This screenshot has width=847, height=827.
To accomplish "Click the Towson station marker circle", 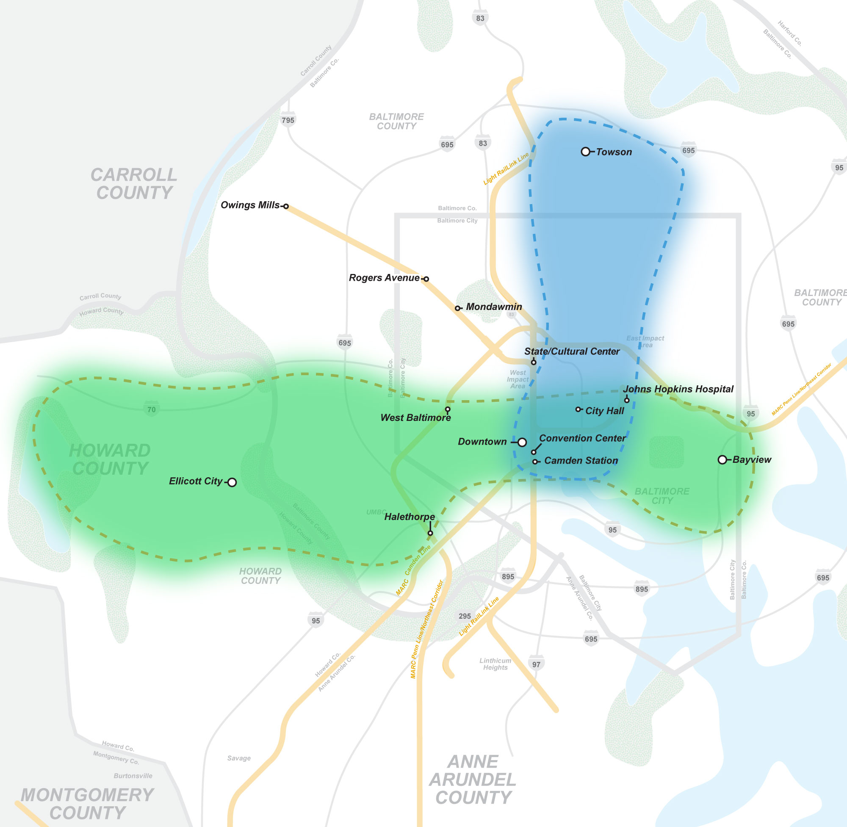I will coord(585,152).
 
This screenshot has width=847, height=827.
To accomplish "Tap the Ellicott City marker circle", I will coord(232,482).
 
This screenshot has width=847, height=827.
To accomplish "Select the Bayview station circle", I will coord(722,459).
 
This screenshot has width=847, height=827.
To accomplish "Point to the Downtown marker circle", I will coord(522,442).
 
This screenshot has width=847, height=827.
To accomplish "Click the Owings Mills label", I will coord(250,205).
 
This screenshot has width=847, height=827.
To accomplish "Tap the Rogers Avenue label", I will coord(384,277).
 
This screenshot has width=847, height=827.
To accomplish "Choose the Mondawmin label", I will coord(493,307).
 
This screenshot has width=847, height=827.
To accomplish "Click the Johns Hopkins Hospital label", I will coord(678,389).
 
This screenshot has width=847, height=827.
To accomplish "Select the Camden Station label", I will coord(581,460).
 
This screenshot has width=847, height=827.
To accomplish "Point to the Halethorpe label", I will coord(409,517).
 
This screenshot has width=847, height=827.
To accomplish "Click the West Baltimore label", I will coord(415,418).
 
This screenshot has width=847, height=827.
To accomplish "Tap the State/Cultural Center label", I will coord(572,351).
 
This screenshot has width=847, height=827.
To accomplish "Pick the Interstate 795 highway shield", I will coord(288,120).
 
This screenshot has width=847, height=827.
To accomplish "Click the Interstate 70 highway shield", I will coord(151,409).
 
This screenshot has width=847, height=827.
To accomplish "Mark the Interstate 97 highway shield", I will coord(537,664).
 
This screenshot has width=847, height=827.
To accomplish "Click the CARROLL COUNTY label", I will coord(134,184).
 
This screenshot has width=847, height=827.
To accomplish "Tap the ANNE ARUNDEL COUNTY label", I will coord(473,780).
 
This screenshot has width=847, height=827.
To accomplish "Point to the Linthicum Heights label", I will coord(495,664).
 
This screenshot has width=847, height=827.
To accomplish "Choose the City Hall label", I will coord(604,411).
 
